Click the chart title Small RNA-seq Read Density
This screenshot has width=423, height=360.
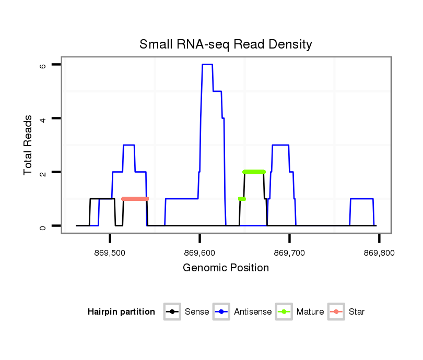coord(226,44)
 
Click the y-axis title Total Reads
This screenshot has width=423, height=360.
coord(28,145)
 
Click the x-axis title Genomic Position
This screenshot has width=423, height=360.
coord(226,268)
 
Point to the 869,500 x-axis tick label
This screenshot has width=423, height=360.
coord(110,253)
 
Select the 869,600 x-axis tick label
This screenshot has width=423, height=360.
coord(200,253)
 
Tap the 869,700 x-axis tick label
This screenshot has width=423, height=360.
coord(289,253)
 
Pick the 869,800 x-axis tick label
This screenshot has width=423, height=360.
coord(379,253)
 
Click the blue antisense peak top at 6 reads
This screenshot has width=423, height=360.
coord(207,64)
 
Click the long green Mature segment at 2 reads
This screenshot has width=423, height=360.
coord(254,172)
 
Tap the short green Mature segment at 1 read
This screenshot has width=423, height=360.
coord(242,199)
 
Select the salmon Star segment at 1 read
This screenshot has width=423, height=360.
coord(135,199)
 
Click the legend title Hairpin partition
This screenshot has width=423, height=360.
coord(121,312)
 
